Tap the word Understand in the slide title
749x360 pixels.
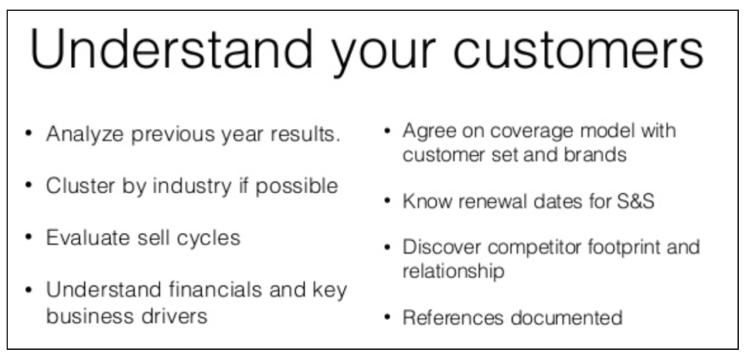point(170,49)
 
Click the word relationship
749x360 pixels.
point(453,271)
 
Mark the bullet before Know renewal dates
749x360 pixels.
point(388,201)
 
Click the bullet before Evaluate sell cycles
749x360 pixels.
point(29,238)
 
